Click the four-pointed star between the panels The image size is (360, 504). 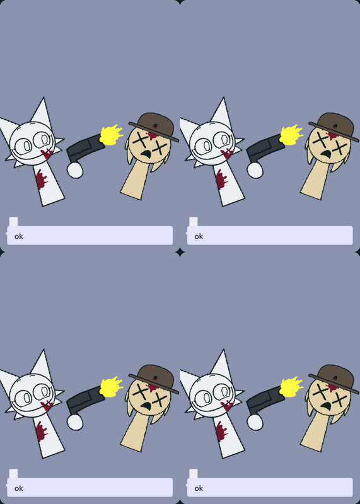[x=180, y=252]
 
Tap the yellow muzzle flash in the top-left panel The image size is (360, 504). [x=111, y=135]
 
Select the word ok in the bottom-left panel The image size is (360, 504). [x=19, y=488]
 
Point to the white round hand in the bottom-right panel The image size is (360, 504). [x=255, y=422]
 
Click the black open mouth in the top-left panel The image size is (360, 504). [x=147, y=154]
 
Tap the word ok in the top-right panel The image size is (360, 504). [x=199, y=236]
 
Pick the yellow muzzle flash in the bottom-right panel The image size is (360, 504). [x=291, y=387]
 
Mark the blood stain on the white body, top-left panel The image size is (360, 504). [x=42, y=180]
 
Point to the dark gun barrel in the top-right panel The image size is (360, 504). [x=265, y=147]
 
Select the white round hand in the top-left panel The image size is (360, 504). [x=75, y=170]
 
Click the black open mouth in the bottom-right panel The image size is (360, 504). [x=327, y=406]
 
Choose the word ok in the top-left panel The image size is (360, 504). [x=19, y=236]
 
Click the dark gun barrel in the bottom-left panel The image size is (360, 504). [x=86, y=399]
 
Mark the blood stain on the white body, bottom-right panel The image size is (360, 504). [x=222, y=432]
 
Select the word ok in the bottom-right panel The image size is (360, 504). [x=199, y=488]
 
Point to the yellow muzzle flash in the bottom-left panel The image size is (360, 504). [x=111, y=387]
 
